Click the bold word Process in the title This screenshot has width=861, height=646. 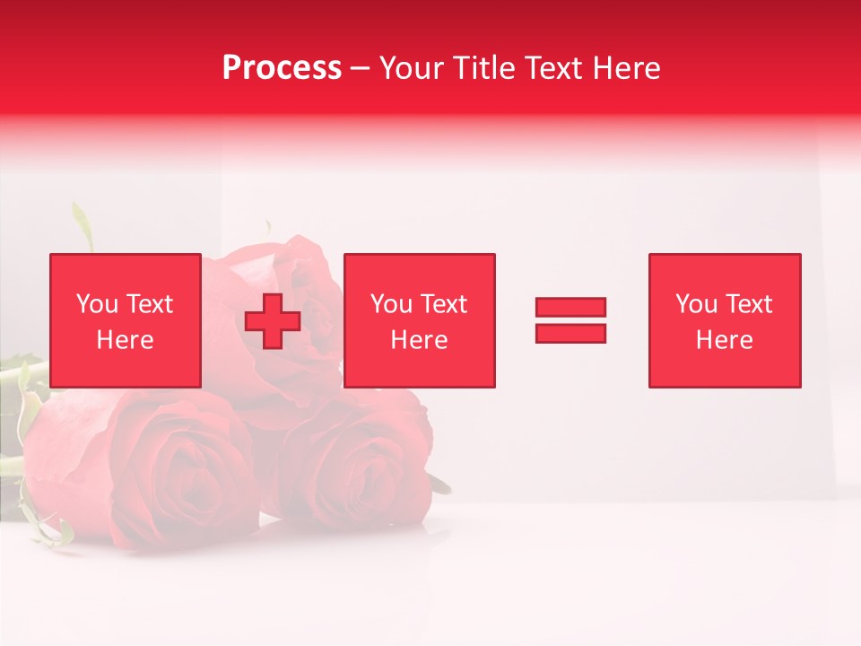[282, 68]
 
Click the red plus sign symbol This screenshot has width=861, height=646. [272, 321]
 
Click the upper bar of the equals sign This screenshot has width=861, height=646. [570, 307]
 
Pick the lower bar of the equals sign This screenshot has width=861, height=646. [570, 333]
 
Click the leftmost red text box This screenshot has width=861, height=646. [125, 320]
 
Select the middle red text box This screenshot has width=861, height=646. [419, 320]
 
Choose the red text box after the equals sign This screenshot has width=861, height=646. [724, 320]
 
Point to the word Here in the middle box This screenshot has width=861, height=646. [419, 340]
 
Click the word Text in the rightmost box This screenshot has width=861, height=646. [747, 304]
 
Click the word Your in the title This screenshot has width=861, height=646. [411, 68]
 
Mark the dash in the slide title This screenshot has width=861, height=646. [360, 68]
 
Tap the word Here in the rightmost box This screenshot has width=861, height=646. [724, 340]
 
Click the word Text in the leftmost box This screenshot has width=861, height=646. [148, 304]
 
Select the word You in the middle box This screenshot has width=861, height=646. [390, 304]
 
